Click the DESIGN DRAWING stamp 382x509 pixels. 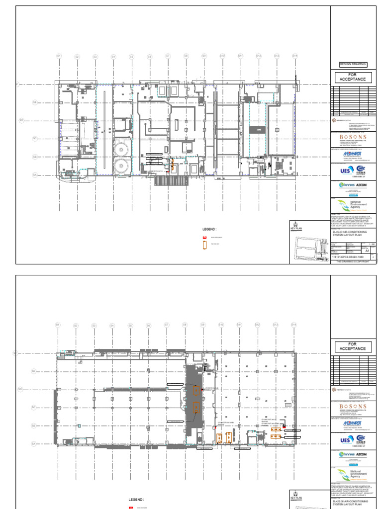[353, 64]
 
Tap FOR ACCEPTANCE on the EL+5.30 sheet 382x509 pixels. [353, 77]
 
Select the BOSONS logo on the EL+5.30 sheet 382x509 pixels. [353, 137]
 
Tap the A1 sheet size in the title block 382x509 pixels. [367, 252]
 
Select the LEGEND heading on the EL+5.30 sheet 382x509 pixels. [208, 229]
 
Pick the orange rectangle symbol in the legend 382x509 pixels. [203, 245]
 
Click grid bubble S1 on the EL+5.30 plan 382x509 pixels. [59, 56]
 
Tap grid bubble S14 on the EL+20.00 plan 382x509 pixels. [294, 325]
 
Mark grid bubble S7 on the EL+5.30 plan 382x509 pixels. [168, 56]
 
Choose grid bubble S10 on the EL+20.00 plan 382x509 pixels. [221, 325]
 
